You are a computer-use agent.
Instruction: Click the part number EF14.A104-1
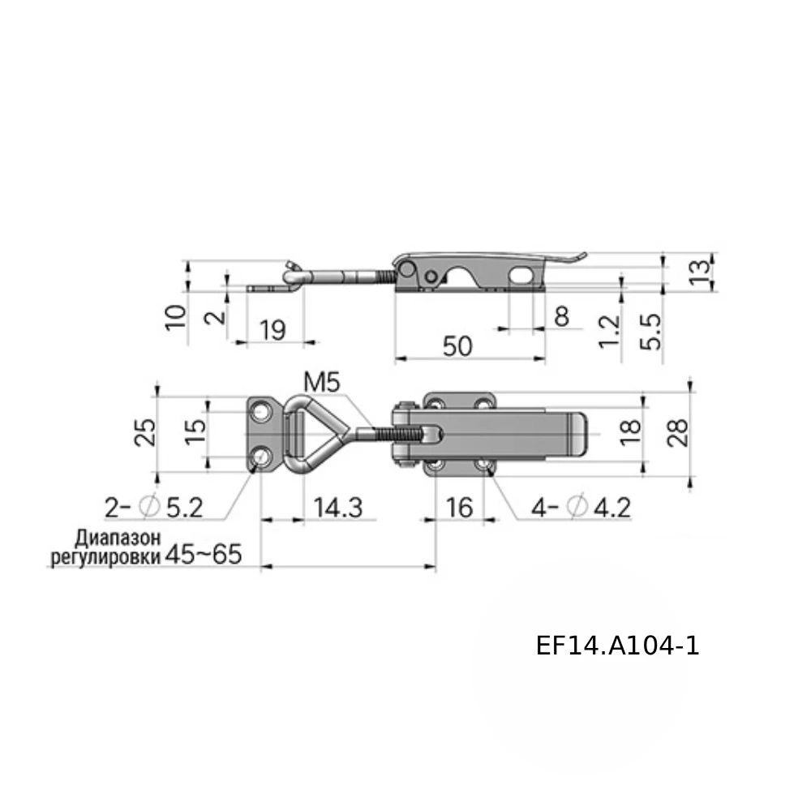(x=617, y=646)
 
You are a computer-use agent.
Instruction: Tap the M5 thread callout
(x=322, y=383)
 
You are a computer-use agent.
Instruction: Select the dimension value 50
(x=457, y=346)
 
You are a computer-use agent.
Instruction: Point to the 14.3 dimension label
(x=338, y=508)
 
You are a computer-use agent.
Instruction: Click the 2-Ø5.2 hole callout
(x=153, y=508)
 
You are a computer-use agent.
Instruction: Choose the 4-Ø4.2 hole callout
(x=581, y=508)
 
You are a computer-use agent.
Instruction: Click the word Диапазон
(x=118, y=539)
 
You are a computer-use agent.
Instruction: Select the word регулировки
(x=105, y=558)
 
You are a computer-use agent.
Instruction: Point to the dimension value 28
(x=677, y=432)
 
